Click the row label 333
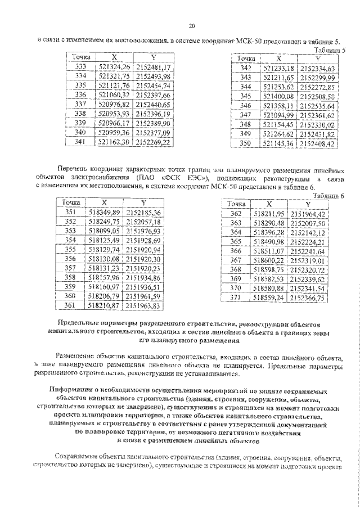click(80, 66)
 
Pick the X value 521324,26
click(114, 66)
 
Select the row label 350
click(245, 143)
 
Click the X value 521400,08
click(278, 96)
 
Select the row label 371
click(236, 298)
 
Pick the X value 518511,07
click(270, 250)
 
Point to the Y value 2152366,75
click(307, 298)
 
